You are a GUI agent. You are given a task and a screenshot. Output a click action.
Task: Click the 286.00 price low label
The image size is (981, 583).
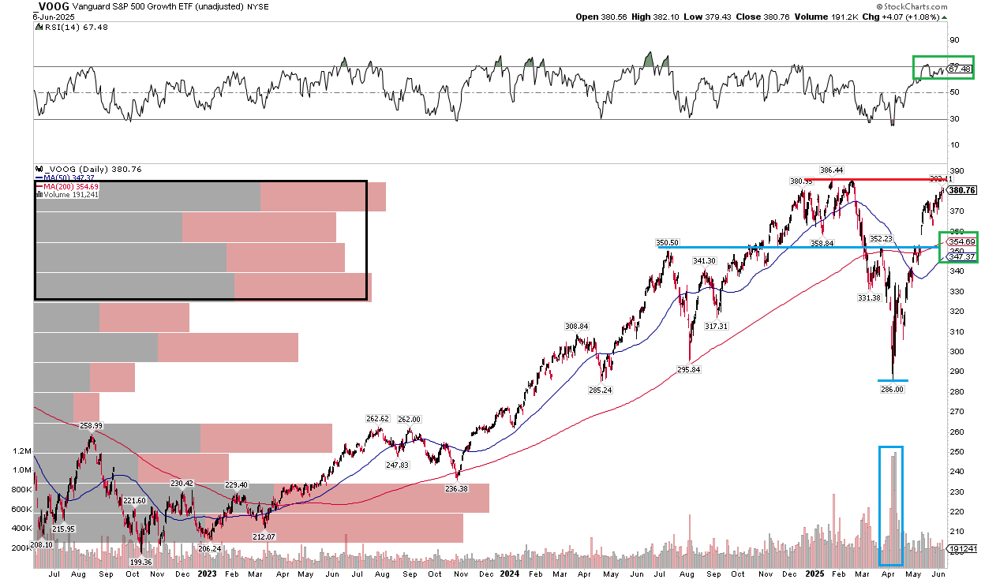pyautogui.click(x=893, y=389)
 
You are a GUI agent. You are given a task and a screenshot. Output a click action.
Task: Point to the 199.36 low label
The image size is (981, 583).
pyautogui.click(x=140, y=562)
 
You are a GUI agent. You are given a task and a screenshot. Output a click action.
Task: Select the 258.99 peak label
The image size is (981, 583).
pyautogui.click(x=92, y=425)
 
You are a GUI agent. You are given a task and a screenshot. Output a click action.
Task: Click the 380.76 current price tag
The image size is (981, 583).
pyautogui.click(x=963, y=190)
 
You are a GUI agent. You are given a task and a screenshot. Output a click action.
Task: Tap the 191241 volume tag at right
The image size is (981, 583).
pyautogui.click(x=963, y=548)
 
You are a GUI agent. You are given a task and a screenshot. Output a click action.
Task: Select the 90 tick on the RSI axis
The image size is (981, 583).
pyautogui.click(x=953, y=40)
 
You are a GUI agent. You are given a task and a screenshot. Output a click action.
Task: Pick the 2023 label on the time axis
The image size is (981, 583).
pyautogui.click(x=208, y=575)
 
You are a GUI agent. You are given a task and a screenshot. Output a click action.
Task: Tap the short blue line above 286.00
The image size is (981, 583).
pyautogui.click(x=893, y=380)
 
